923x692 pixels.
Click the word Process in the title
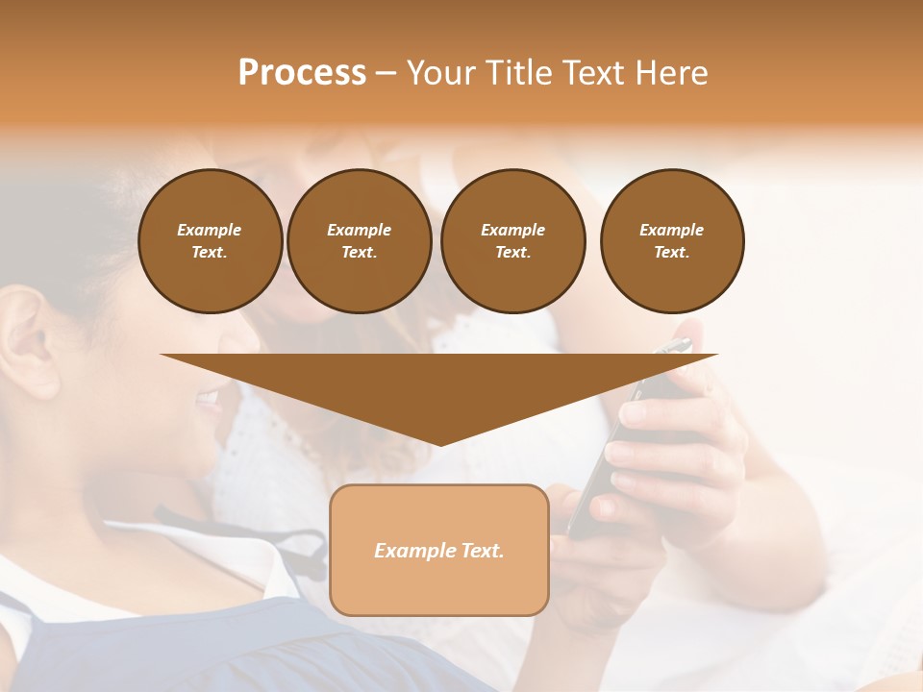302,73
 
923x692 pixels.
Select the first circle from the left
210,241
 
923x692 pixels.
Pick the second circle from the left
359,241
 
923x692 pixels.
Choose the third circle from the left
512,241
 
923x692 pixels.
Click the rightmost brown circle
672,241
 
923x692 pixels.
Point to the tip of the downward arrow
439,444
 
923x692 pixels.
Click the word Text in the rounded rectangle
482,551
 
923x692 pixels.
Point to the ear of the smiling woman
29,346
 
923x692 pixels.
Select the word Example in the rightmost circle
671,230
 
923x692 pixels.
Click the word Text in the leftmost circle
210,253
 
